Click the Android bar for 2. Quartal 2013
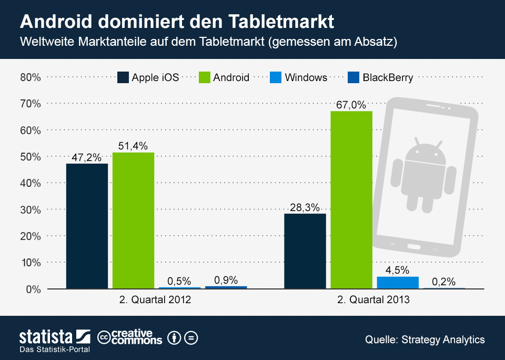tap(351, 200)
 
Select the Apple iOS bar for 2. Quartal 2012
tap(87, 226)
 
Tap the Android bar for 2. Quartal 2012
tap(133, 221)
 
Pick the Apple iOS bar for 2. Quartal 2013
tap(305, 251)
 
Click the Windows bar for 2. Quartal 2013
tap(398, 283)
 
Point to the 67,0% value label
tap(351, 105)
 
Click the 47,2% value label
tap(87, 157)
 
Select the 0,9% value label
tap(226, 280)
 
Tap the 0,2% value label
tap(443, 281)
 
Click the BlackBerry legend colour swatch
tap(353, 77)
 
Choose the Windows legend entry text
tap(306, 77)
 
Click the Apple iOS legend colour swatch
tap(123, 77)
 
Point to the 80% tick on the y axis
tap(31, 77)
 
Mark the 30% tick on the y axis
tap(31, 209)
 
